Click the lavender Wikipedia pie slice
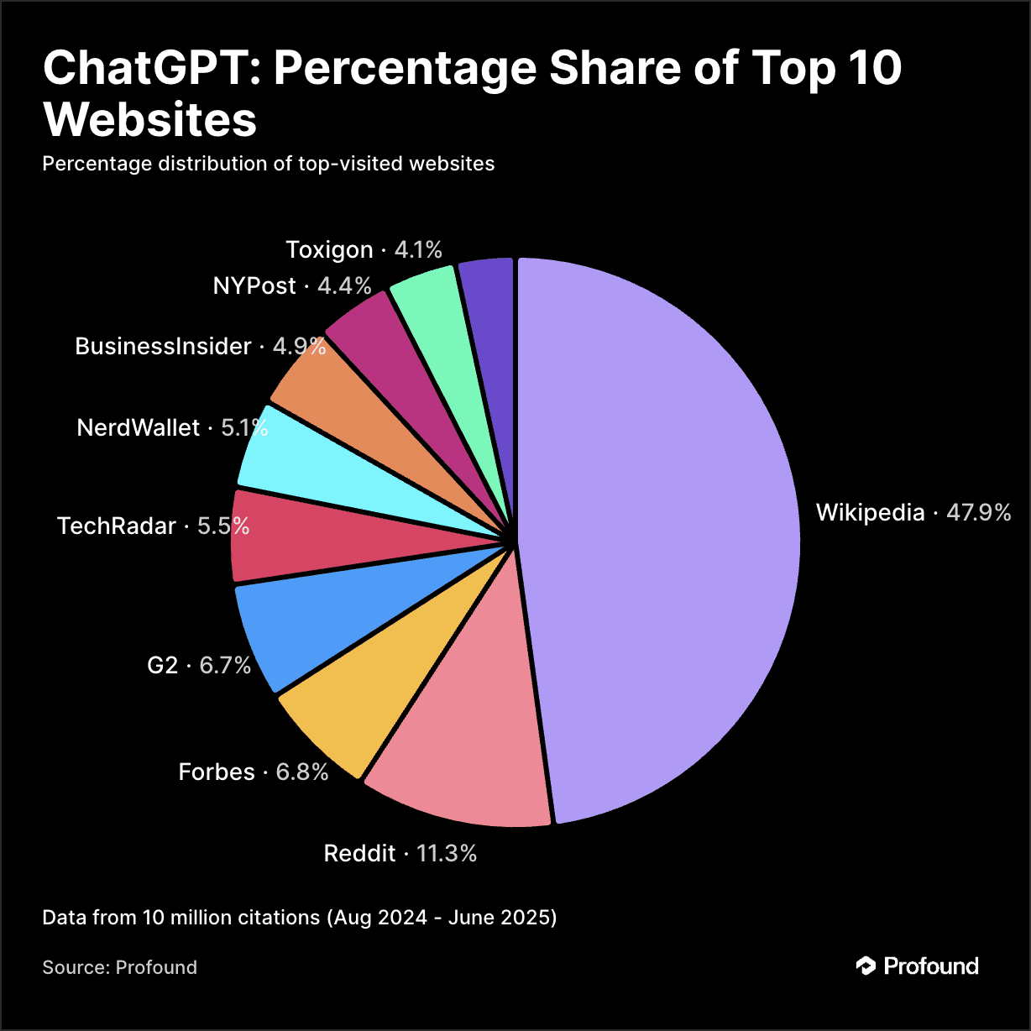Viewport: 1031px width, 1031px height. (x=663, y=537)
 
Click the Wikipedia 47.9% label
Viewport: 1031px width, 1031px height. (x=913, y=512)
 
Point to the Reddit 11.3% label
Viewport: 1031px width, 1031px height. (x=400, y=854)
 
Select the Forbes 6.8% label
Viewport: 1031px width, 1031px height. (x=254, y=772)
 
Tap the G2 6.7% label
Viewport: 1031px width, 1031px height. (x=199, y=665)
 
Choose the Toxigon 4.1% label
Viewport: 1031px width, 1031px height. (x=364, y=249)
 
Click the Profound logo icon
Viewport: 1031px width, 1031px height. (x=866, y=966)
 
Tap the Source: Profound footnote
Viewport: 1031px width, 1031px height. (x=120, y=967)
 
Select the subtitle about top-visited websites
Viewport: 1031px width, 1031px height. (x=269, y=163)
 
